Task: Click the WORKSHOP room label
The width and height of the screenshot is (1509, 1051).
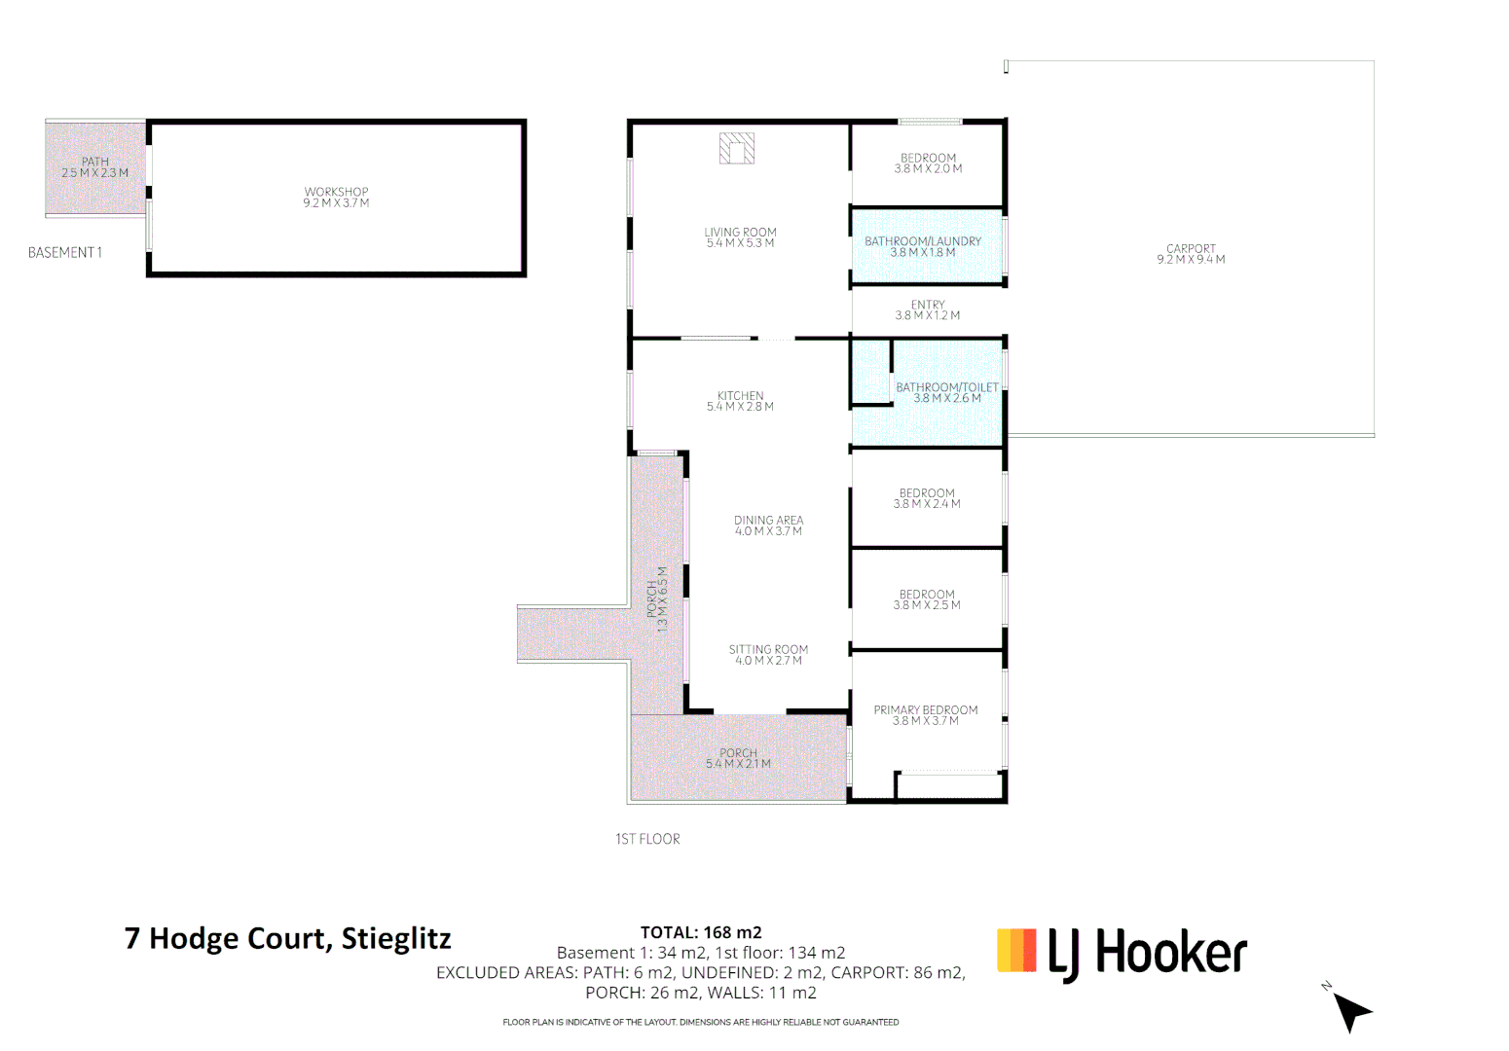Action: click(336, 193)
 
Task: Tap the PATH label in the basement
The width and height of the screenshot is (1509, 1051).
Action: click(95, 162)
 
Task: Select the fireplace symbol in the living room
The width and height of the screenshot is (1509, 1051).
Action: click(737, 148)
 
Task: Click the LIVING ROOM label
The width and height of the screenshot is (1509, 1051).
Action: click(741, 233)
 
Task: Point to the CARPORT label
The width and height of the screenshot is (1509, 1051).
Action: click(1191, 249)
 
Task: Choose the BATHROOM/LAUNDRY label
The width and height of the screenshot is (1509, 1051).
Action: click(923, 241)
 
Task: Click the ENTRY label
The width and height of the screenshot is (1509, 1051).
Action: click(928, 305)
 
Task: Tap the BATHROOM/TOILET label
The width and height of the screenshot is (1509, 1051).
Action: click(947, 387)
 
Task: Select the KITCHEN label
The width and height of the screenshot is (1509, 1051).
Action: click(741, 396)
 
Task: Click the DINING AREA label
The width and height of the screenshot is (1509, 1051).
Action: click(769, 521)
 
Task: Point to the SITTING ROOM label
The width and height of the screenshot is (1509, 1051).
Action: click(769, 650)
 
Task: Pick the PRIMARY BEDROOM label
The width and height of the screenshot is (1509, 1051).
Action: click(926, 710)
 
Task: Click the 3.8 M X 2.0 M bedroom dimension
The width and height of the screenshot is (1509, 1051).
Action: click(929, 169)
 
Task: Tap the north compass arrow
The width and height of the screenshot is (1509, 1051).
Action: click(1350, 1011)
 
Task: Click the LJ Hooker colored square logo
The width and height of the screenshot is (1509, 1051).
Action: click(1016, 950)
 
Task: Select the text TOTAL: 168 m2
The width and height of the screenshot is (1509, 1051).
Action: click(701, 932)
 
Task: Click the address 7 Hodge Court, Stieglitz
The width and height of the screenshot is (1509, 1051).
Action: click(288, 938)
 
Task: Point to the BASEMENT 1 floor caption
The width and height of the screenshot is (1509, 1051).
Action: click(65, 253)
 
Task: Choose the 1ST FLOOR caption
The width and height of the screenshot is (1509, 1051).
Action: click(647, 839)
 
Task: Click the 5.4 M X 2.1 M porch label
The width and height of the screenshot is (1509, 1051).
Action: click(738, 764)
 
